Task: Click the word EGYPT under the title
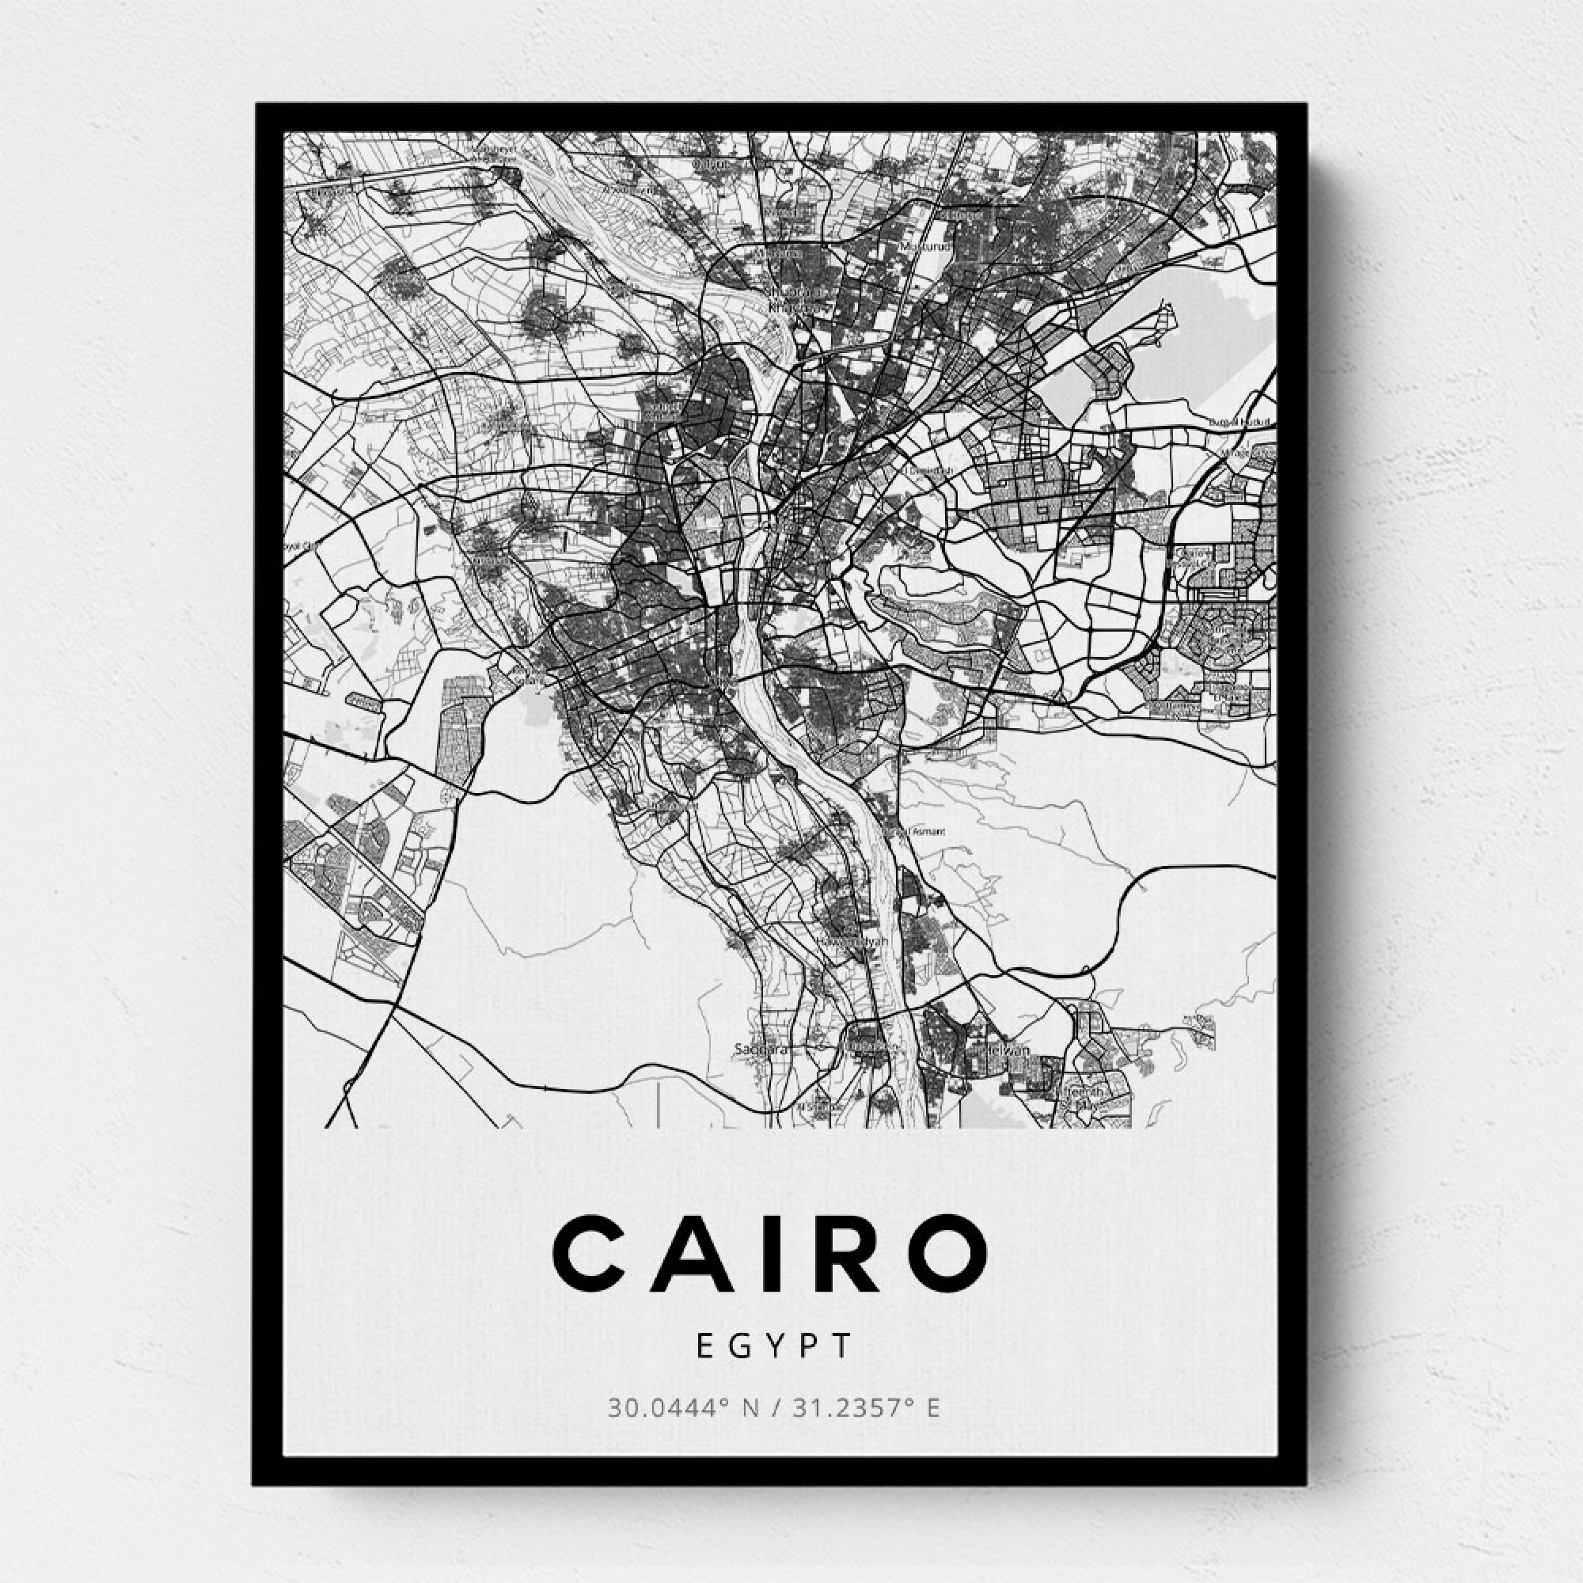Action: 774,1369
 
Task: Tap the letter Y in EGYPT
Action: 774,1369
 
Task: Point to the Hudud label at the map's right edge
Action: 1245,422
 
